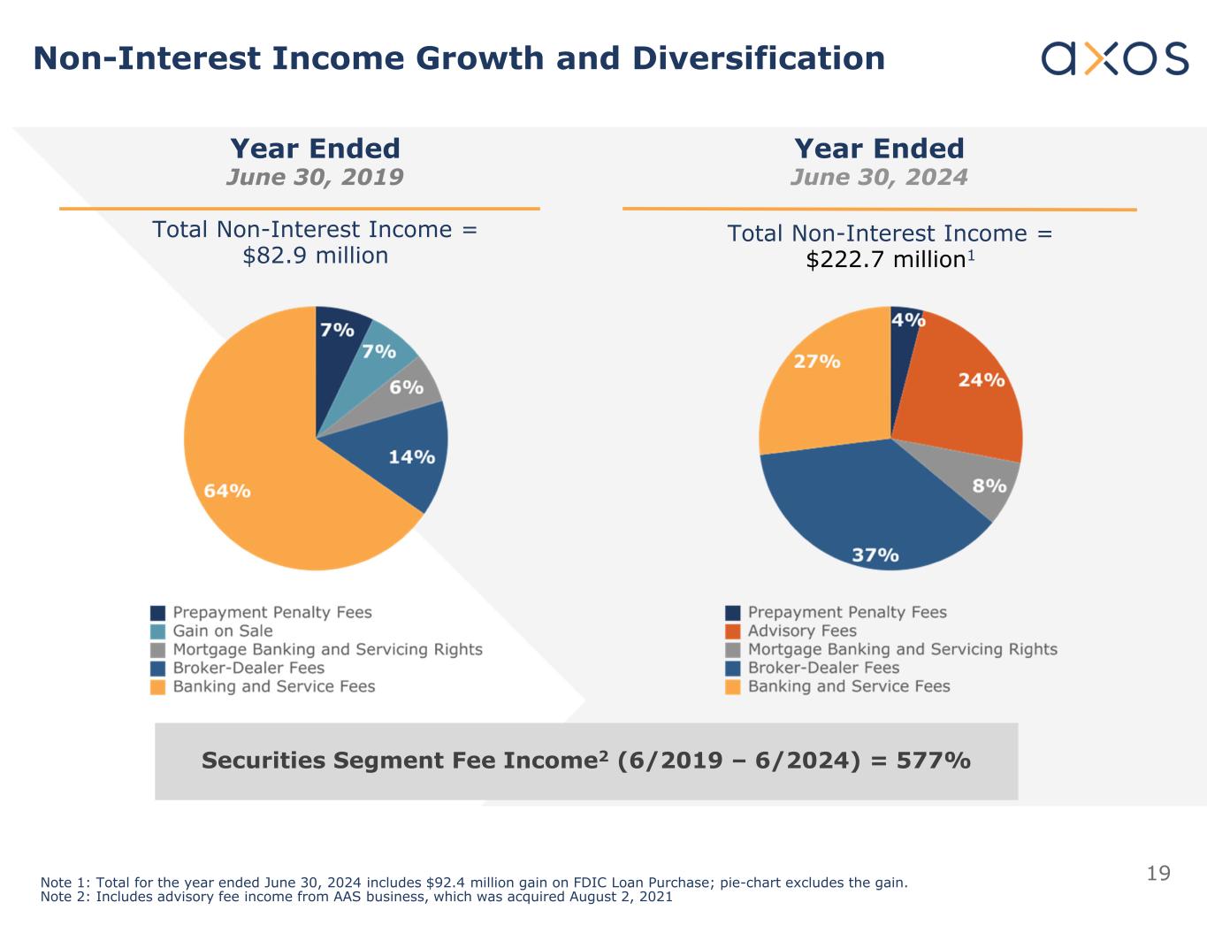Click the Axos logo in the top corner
point(1114,58)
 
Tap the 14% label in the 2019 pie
point(411,457)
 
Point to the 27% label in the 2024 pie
point(816,362)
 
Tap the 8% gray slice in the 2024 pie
point(989,486)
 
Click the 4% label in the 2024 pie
point(908,319)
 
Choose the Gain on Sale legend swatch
point(158,631)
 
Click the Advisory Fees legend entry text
point(802,631)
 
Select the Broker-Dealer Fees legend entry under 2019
point(248,669)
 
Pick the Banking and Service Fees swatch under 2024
point(733,687)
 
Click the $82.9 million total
point(316,256)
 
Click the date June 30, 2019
point(315,177)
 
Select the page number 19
point(1157,874)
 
